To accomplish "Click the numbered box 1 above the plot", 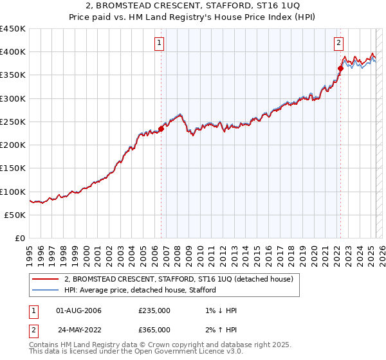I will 159,44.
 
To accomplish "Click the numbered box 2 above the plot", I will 338,44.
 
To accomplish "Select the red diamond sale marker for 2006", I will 161,129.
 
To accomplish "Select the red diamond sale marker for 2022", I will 340,68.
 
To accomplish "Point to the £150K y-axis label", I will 13,168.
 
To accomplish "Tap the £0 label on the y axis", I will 20,239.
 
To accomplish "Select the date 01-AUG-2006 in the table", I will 79,310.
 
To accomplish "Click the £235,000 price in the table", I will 154,310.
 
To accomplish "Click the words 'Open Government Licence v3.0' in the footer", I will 182,353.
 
